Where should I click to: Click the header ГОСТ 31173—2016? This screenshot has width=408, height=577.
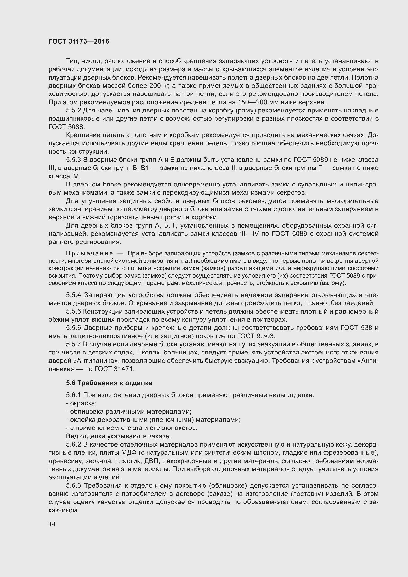tap(79, 41)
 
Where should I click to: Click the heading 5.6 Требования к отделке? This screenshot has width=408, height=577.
tap(109, 383)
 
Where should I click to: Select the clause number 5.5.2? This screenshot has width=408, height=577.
tap(74, 111)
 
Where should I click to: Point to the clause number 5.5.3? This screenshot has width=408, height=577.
tap(74, 160)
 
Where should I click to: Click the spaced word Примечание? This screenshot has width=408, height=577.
tap(90, 253)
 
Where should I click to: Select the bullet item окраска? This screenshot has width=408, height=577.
tap(81, 403)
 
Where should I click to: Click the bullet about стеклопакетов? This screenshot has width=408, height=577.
tap(132, 428)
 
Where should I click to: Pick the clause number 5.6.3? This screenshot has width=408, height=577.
tap(74, 485)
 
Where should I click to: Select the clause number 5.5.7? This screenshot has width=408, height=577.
tap(74, 344)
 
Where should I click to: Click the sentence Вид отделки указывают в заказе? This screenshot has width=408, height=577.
tap(118, 436)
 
